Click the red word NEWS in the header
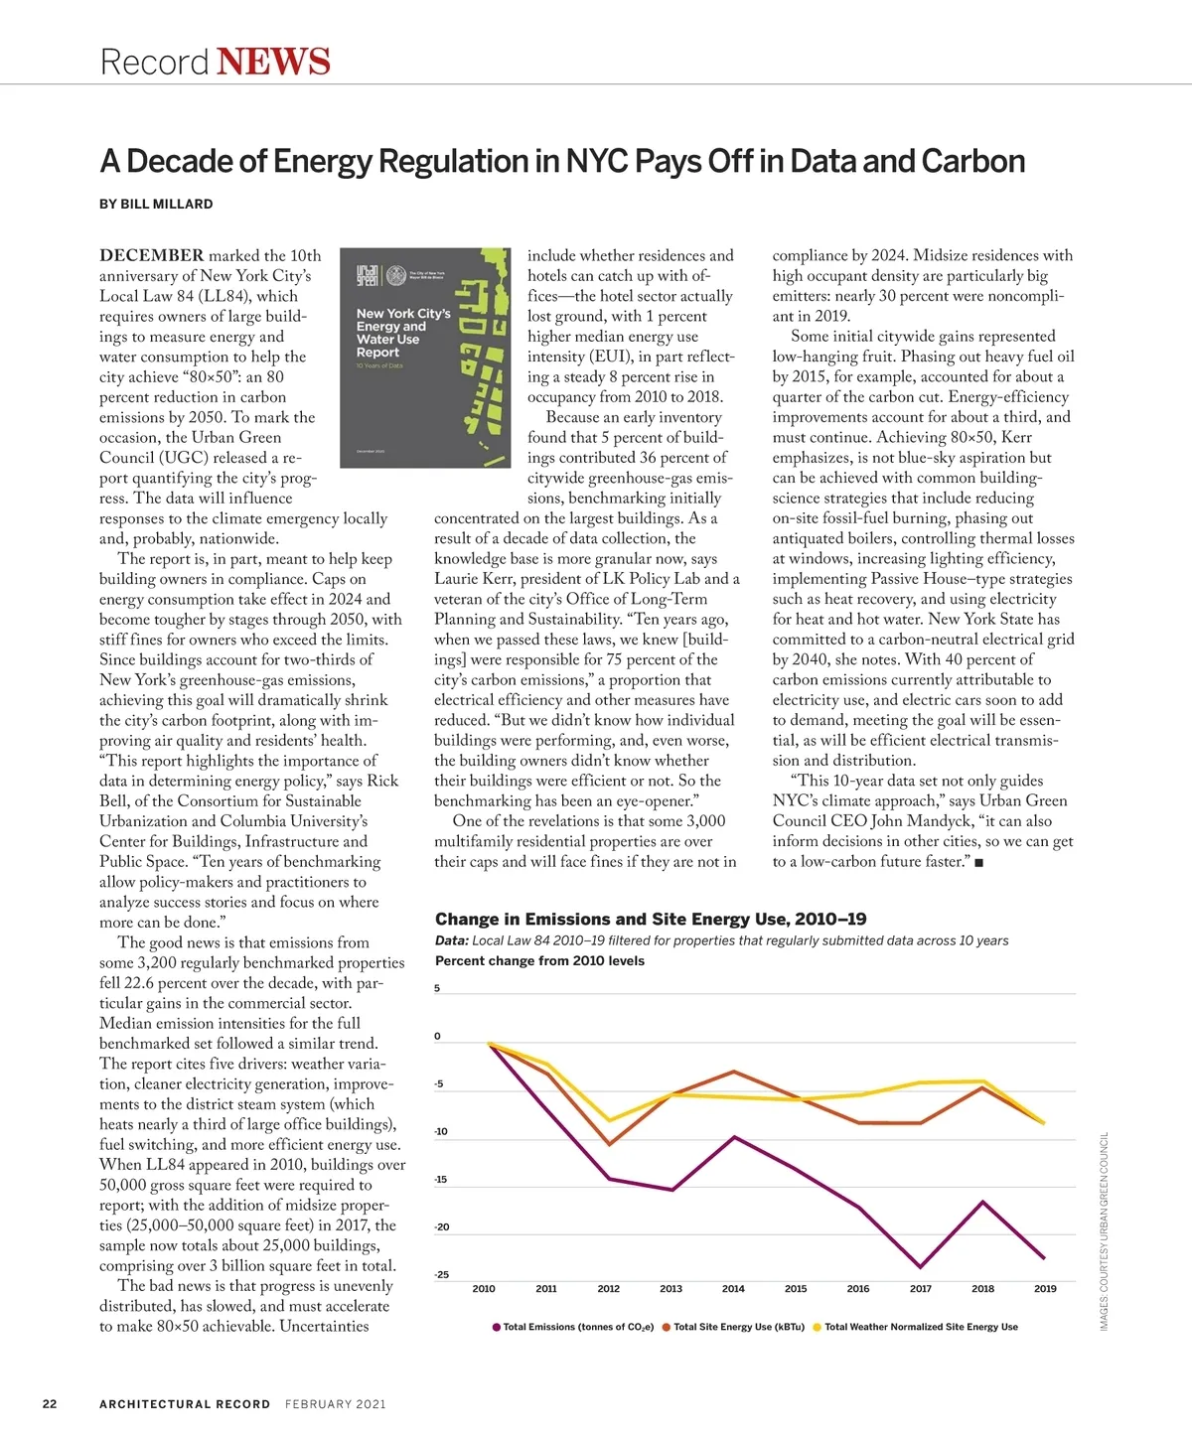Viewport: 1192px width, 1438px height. tap(273, 62)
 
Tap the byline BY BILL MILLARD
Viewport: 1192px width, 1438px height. tap(156, 204)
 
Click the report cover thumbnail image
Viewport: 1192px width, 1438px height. tap(425, 358)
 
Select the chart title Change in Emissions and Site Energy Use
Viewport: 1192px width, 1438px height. tap(651, 920)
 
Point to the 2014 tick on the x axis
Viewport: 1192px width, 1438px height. tap(733, 1289)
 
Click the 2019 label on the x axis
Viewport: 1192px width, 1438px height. tap(1045, 1289)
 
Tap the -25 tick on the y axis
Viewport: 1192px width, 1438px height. tap(441, 1274)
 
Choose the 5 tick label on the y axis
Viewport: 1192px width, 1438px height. tap(437, 988)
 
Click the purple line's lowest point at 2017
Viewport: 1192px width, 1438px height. tap(921, 1267)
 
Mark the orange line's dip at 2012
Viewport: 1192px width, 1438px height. tap(608, 1145)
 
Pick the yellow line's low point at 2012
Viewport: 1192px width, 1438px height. tap(608, 1120)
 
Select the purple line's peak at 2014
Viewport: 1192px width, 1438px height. tap(734, 1136)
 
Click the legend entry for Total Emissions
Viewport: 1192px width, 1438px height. tap(574, 1327)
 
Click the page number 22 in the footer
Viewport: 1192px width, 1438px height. tap(50, 1404)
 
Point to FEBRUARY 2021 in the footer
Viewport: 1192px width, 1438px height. tap(336, 1404)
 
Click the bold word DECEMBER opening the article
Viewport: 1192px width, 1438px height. tap(151, 255)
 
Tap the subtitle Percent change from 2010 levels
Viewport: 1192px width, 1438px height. tap(539, 961)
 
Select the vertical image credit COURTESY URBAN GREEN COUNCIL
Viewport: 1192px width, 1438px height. tap(1104, 1231)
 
